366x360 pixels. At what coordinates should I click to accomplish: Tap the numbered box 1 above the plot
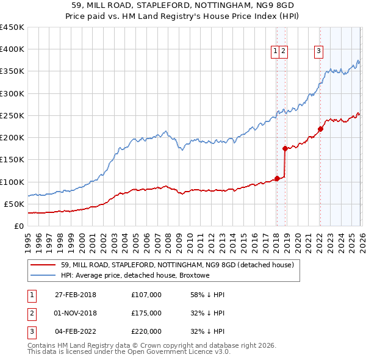(276, 52)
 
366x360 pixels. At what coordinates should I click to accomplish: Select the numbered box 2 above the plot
(284, 52)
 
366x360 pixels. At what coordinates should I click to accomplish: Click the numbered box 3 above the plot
(318, 52)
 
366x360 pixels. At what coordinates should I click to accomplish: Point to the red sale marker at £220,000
(320, 129)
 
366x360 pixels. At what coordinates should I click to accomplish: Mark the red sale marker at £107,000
(277, 178)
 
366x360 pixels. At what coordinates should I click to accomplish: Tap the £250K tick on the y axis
(12, 115)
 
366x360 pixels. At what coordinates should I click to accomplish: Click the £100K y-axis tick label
(12, 182)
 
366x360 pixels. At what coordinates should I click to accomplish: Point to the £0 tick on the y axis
(18, 226)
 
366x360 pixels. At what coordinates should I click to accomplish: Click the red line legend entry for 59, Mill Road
(178, 265)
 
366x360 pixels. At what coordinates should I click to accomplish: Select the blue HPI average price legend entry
(135, 276)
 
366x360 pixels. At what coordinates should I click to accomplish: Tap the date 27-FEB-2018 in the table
(76, 295)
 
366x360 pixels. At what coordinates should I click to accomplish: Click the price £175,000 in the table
(146, 313)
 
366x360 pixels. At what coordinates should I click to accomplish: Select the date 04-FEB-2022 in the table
(76, 331)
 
